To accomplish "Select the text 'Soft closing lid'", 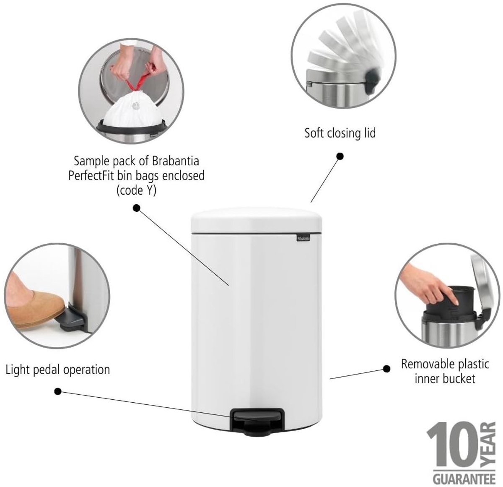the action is (340, 133).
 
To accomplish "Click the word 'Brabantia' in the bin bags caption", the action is (176, 161).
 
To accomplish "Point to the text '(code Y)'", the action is (137, 191).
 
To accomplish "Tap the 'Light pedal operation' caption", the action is (58, 370).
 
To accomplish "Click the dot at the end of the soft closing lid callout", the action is (340, 156).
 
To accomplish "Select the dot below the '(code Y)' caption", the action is (137, 208).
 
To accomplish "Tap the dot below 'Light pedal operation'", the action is (58, 391).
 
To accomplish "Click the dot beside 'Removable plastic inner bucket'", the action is (387, 369).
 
